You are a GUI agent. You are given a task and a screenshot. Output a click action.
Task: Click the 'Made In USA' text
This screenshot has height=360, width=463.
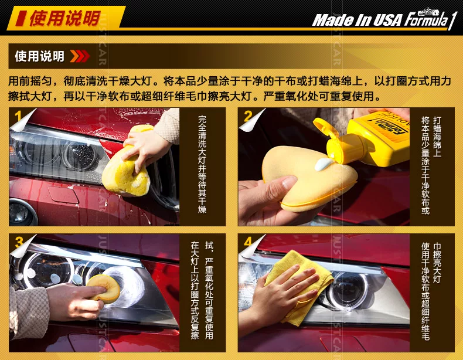(358, 20)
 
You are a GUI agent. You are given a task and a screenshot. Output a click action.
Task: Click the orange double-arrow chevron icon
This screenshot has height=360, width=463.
(80, 56)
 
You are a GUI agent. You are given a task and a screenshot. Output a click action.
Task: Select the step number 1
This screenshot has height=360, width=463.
(18, 116)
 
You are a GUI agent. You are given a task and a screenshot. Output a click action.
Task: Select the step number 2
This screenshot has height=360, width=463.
(248, 116)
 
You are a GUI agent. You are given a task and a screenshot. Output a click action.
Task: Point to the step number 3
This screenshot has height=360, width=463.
(19, 242)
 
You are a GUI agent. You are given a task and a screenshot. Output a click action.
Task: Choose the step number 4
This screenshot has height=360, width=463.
(248, 242)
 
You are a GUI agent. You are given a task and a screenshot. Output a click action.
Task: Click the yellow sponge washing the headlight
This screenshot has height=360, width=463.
(127, 165)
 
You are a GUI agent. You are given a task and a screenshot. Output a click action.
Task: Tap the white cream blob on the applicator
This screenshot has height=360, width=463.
(324, 164)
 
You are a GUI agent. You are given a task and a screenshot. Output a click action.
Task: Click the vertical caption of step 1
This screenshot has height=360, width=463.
(202, 164)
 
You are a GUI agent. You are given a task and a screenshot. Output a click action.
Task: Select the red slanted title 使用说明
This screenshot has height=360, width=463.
(65, 18)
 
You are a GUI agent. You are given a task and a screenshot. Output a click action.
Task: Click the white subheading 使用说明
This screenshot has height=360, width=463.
(40, 56)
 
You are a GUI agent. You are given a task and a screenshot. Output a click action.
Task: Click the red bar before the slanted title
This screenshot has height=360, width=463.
(21, 18)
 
